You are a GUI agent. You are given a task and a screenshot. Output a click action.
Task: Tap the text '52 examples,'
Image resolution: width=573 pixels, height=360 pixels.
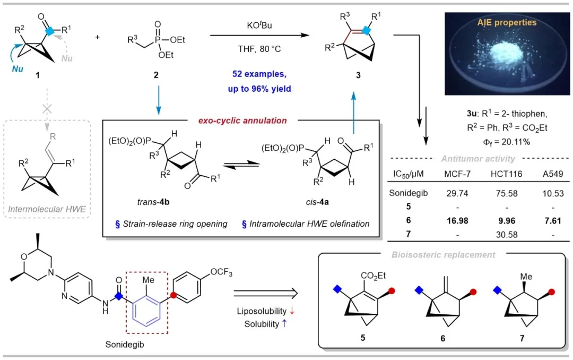tap(259, 75)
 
